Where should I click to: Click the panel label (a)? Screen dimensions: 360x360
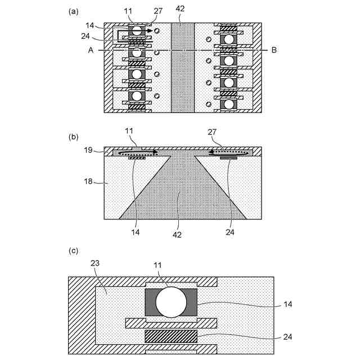(x=73, y=11)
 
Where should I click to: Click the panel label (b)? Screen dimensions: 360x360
(x=73, y=136)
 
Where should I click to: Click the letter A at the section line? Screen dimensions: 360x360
(x=90, y=51)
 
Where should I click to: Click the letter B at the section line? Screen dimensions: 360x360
(x=274, y=51)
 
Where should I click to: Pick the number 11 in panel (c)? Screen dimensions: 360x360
(x=159, y=265)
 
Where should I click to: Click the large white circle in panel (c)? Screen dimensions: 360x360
(x=171, y=302)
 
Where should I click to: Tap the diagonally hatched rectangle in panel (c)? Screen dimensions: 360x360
(x=171, y=336)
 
